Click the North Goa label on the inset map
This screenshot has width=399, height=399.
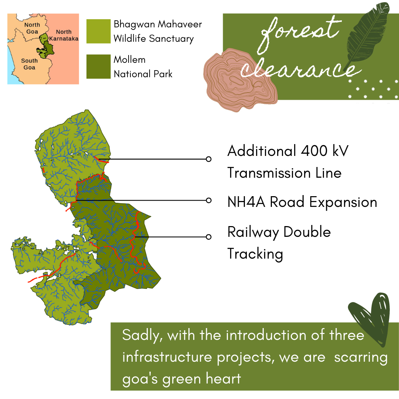click(x=32, y=28)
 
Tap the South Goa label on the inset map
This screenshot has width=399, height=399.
click(x=29, y=64)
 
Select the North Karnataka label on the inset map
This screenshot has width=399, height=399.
click(x=64, y=35)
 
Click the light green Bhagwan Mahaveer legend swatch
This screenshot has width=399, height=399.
click(x=99, y=31)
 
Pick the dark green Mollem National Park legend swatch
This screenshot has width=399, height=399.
click(x=99, y=66)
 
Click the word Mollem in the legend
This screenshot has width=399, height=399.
click(x=130, y=59)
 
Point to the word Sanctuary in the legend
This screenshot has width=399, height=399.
click(x=171, y=39)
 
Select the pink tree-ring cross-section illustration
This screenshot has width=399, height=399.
click(x=240, y=80)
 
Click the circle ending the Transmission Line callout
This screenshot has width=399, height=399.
click(x=208, y=159)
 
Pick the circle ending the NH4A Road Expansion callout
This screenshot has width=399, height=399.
click(x=208, y=200)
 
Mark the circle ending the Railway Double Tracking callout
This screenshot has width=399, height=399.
click(x=208, y=237)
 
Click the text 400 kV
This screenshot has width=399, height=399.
click(x=324, y=151)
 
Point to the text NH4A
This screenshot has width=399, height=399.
click(x=246, y=202)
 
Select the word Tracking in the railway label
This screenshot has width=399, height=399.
click(x=255, y=254)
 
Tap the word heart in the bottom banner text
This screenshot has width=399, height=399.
click(x=223, y=378)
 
